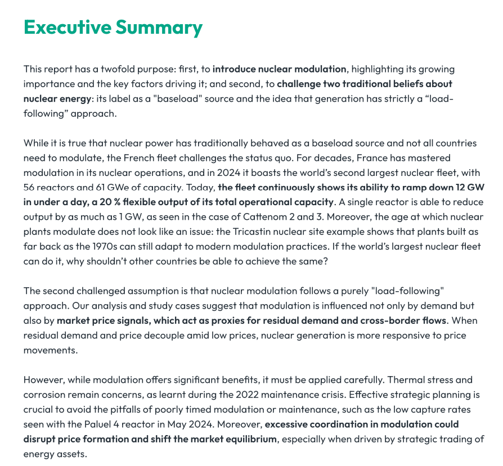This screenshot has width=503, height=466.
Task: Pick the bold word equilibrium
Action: [x=250, y=438]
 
